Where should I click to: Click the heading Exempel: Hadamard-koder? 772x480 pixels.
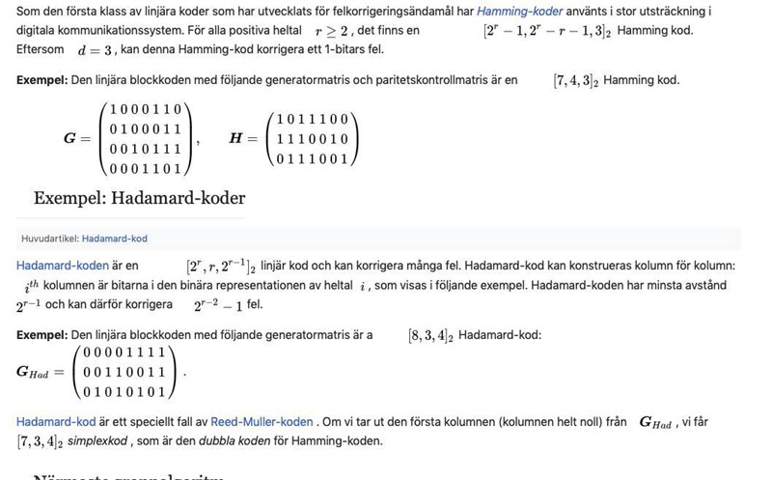click(x=139, y=199)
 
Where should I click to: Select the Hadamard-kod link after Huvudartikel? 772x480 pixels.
click(x=115, y=238)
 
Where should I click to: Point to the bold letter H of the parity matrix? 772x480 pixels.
click(x=236, y=138)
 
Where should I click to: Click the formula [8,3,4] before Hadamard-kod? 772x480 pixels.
click(x=430, y=335)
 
